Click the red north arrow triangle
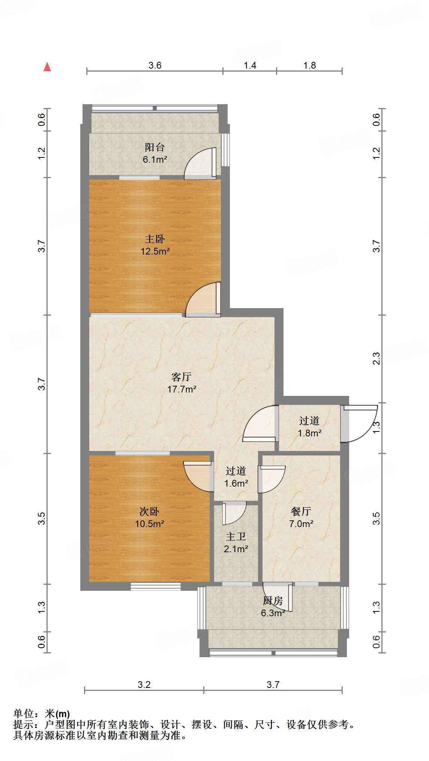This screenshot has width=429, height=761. [47, 67]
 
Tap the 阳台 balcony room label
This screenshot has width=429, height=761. [154, 147]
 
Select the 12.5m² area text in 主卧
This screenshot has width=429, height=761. [155, 251]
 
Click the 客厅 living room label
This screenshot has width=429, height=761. [181, 377]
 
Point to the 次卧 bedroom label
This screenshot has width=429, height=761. [149, 511]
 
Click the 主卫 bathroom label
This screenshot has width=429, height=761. [236, 537]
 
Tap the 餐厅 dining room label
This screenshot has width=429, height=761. [301, 511]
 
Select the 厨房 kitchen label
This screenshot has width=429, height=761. [273, 601]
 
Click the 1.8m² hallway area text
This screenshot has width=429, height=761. [309, 433]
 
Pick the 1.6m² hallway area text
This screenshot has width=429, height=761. [236, 484]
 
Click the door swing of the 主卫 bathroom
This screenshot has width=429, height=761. [234, 513]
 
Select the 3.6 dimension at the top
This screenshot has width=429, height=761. [155, 66]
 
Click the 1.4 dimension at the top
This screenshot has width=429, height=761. [250, 66]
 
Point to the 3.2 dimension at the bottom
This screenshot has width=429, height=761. [144, 685]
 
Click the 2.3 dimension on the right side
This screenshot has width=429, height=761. [376, 358]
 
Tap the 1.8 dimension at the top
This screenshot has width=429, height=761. [309, 66]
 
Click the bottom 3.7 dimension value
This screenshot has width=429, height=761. [273, 685]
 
